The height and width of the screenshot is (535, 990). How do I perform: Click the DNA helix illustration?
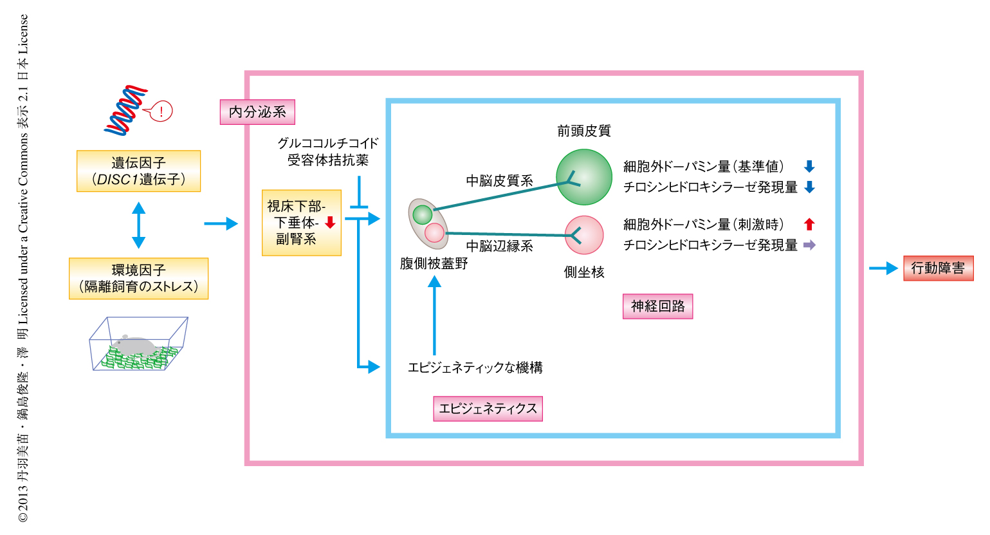[x=126, y=110]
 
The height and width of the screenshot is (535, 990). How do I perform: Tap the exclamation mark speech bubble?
[x=161, y=111]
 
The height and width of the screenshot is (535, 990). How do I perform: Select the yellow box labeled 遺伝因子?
[x=138, y=171]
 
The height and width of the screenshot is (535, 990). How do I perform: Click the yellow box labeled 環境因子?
[x=138, y=278]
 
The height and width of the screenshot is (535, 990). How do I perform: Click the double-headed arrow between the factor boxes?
[x=138, y=225]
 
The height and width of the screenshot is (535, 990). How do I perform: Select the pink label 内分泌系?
[x=257, y=112]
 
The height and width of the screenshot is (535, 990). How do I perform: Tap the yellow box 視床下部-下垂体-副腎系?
[x=301, y=223]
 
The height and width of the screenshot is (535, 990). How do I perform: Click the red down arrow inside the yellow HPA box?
[x=330, y=223]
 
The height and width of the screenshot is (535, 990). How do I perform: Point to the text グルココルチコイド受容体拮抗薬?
[x=328, y=151]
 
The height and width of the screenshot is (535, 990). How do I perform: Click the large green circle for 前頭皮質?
[x=584, y=177]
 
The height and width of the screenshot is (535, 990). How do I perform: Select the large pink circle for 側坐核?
[x=584, y=235]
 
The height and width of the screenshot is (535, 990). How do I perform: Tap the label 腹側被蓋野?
[x=434, y=263]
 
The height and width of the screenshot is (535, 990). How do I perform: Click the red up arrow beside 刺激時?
[x=809, y=224]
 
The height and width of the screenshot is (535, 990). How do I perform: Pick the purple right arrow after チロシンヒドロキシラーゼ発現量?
[x=809, y=245]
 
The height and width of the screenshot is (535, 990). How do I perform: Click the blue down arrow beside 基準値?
[x=809, y=167]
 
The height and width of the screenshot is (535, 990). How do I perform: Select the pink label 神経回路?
[x=657, y=306]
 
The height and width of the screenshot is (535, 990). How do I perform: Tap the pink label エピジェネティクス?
[x=488, y=409]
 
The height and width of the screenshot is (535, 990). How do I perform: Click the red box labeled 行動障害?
[x=938, y=268]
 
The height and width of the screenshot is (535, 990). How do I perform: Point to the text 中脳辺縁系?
[x=499, y=246]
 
